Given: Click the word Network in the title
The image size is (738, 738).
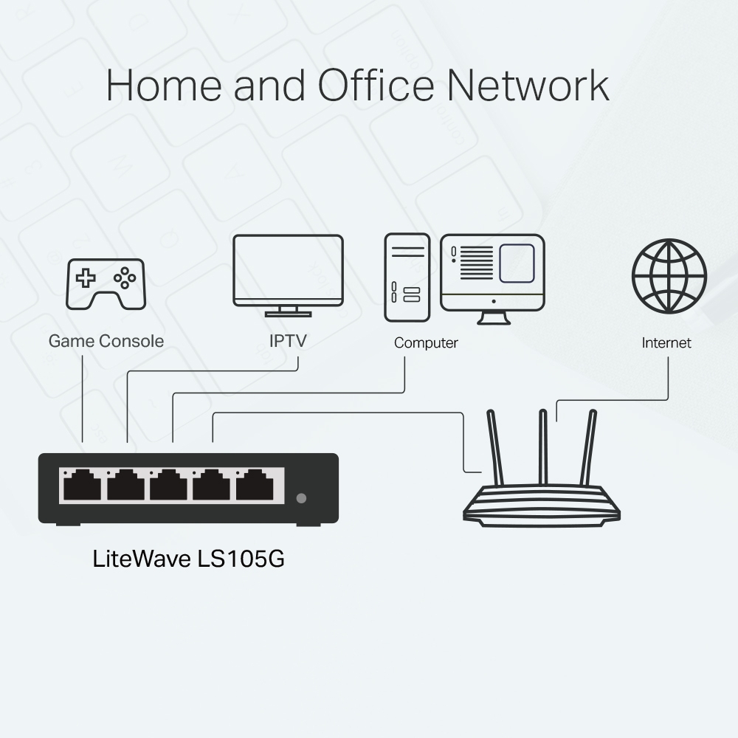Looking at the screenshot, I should pyautogui.click(x=528, y=85).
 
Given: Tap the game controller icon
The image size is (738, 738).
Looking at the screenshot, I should pyautogui.click(x=106, y=283).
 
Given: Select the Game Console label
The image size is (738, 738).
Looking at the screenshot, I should pyautogui.click(x=106, y=341).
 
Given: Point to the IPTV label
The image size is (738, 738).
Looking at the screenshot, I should pyautogui.click(x=288, y=341).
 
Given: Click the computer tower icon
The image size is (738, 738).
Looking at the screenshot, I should pyautogui.click(x=407, y=277).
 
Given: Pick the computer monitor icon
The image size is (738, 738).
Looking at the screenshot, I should pyautogui.click(x=492, y=273).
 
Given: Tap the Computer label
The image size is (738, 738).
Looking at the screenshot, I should pyautogui.click(x=426, y=343).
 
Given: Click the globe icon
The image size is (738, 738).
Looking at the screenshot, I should pyautogui.click(x=669, y=276).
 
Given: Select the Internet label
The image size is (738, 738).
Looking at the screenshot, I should pyautogui.click(x=666, y=343).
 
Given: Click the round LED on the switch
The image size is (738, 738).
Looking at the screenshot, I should pyautogui.click(x=300, y=497).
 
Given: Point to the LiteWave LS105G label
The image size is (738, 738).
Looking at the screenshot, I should pyautogui.click(x=188, y=558).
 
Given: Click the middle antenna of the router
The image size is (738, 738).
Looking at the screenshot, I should pyautogui.click(x=543, y=447).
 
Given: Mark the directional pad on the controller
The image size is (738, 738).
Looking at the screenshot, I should pyautogui.click(x=87, y=278).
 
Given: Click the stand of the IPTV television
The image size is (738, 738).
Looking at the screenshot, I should pyautogui.click(x=288, y=311).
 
